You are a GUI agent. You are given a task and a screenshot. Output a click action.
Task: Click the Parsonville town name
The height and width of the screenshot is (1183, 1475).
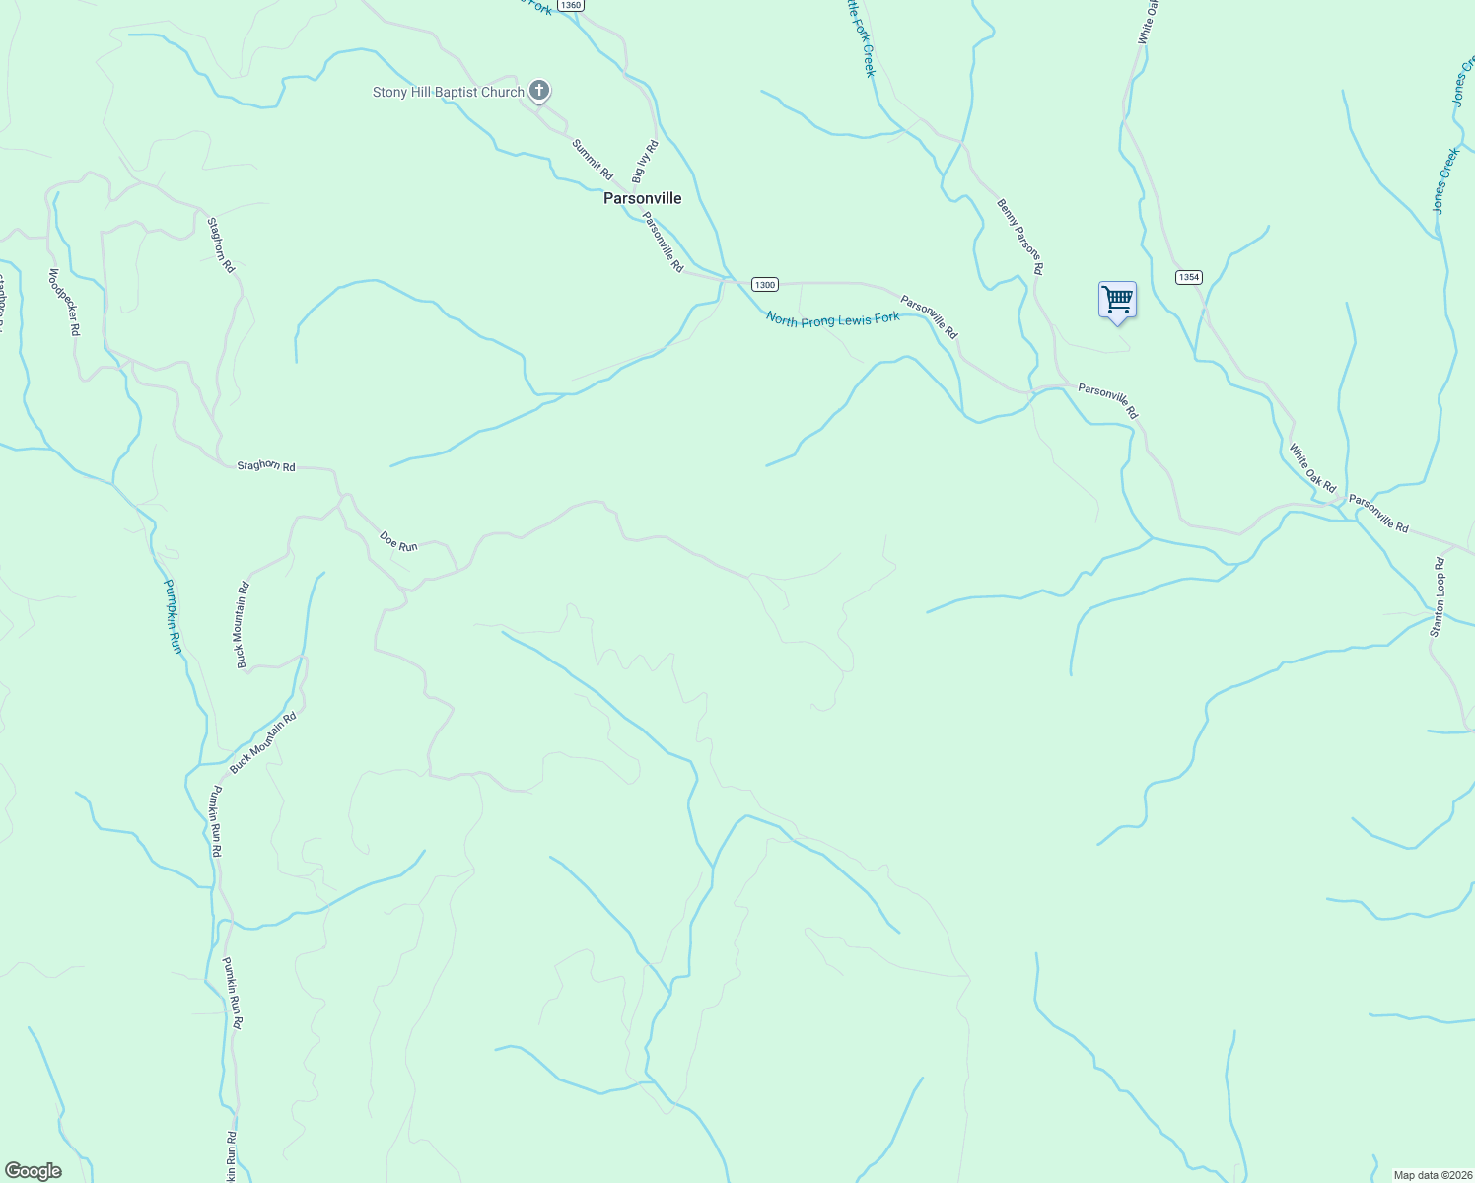click(642, 198)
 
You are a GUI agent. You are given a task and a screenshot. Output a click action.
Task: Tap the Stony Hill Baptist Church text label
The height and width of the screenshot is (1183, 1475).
click(448, 93)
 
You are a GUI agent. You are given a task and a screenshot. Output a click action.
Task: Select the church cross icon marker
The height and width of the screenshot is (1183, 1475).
click(538, 91)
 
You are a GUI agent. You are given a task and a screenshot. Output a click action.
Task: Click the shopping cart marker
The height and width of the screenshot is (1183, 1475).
click(1117, 299)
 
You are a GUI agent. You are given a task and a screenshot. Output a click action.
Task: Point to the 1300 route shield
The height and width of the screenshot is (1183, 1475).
click(765, 285)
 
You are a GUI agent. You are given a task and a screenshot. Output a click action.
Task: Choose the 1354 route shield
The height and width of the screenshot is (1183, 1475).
click(1188, 277)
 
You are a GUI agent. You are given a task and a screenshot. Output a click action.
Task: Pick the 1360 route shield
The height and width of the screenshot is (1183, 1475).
click(570, 5)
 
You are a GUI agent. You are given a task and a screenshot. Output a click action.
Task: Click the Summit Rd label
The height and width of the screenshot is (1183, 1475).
click(592, 159)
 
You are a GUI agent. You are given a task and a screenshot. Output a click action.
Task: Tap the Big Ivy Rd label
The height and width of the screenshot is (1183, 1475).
click(644, 162)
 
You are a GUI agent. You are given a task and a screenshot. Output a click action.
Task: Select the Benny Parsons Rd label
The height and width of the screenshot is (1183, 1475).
click(1019, 237)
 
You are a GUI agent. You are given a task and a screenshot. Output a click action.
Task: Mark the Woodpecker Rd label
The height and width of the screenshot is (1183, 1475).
click(63, 303)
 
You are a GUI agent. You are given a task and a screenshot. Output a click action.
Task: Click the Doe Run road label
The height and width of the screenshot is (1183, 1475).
click(398, 541)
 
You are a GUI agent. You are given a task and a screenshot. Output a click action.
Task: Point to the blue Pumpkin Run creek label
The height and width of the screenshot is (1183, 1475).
click(173, 616)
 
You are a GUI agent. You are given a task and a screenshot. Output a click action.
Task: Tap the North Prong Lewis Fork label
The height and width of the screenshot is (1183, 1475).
click(832, 319)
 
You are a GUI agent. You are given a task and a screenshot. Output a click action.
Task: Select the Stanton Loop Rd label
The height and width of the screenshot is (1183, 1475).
click(1438, 597)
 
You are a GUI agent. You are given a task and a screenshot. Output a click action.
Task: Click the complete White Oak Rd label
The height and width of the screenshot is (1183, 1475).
click(1312, 468)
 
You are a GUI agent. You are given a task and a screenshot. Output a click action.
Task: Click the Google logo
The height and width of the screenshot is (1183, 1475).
click(34, 1171)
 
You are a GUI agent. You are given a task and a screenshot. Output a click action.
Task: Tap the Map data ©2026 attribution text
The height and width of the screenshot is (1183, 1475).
click(1432, 1175)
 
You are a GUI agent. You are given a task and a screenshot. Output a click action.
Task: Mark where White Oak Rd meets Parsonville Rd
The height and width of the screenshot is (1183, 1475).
click(1341, 505)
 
